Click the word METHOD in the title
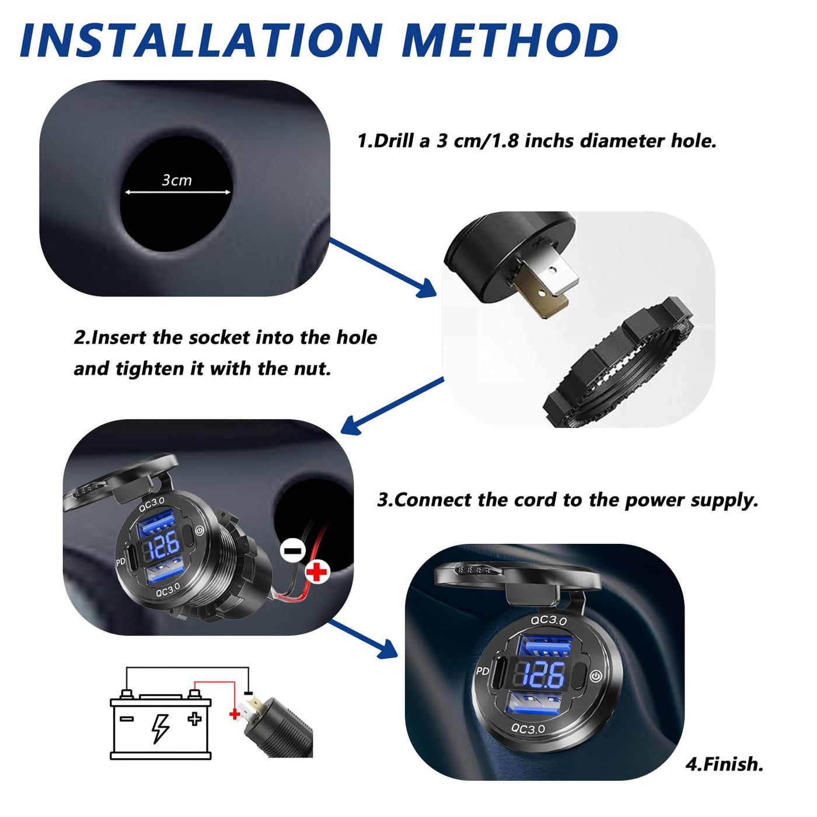pos(509,40)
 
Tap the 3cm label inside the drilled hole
pos(177,180)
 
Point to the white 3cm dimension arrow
pos(177,193)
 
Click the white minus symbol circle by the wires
pos(292,551)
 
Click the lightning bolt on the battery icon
pos(160,729)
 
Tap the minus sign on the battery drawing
pos(127,719)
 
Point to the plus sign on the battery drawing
pos(194,718)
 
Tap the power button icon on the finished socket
pos(596,676)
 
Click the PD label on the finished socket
pos(483,671)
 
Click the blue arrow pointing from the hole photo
pos(383,268)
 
